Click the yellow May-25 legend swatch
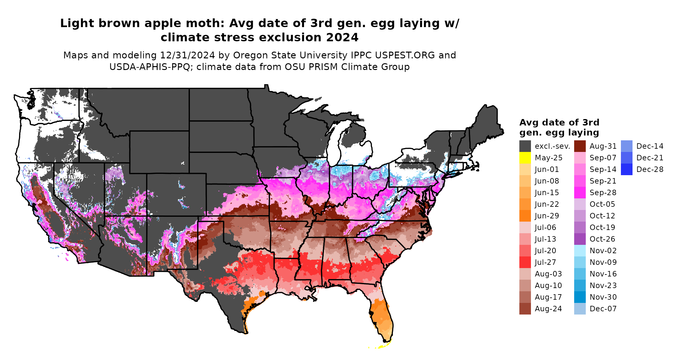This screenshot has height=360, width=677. click(x=525, y=158)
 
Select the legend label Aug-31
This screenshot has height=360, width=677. click(x=603, y=146)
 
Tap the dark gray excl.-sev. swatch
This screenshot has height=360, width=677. click(x=525, y=146)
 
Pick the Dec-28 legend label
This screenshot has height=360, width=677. click(x=650, y=169)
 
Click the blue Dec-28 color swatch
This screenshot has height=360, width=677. click(x=626, y=169)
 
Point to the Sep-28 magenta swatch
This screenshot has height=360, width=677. click(x=580, y=193)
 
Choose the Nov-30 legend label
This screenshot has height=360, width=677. click(x=603, y=297)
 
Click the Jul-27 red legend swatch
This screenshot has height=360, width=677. click(x=525, y=262)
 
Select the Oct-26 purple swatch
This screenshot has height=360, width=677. click(x=580, y=239)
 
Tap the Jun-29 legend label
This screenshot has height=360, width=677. click(x=547, y=216)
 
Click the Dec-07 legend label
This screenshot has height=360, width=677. click(x=603, y=309)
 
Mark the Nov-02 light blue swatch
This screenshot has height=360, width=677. click(x=580, y=251)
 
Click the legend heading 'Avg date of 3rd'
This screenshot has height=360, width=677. click(x=559, y=123)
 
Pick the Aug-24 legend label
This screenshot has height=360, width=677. click(x=548, y=309)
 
